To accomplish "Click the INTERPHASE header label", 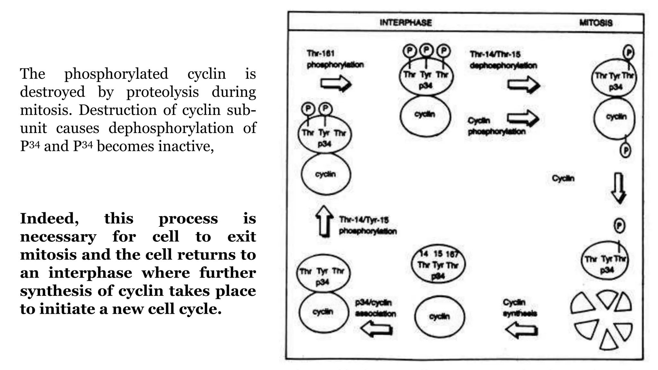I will coord(405,22).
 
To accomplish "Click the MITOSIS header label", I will coord(596,22).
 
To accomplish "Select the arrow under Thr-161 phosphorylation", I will coord(336,84).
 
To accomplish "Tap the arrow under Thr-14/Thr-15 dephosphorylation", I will coord(523,85).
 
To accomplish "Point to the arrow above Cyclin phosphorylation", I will coord(523,118).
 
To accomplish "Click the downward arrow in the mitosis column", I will coord(618,188).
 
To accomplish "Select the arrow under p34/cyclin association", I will coord(376,329).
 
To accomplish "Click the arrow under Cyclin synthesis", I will coord(521,330).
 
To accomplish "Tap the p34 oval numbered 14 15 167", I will coord(438,265).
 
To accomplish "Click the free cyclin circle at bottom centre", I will coord(440,316).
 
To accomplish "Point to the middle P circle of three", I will coord(426,50).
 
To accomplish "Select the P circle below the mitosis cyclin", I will coord(625,150).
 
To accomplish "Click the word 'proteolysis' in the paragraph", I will coord(162,92).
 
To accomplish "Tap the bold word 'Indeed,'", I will coord(49,219).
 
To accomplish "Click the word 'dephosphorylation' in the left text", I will coord(171,128).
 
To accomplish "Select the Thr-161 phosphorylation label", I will coord(335,59).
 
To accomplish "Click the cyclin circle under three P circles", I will coord(425,115).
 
